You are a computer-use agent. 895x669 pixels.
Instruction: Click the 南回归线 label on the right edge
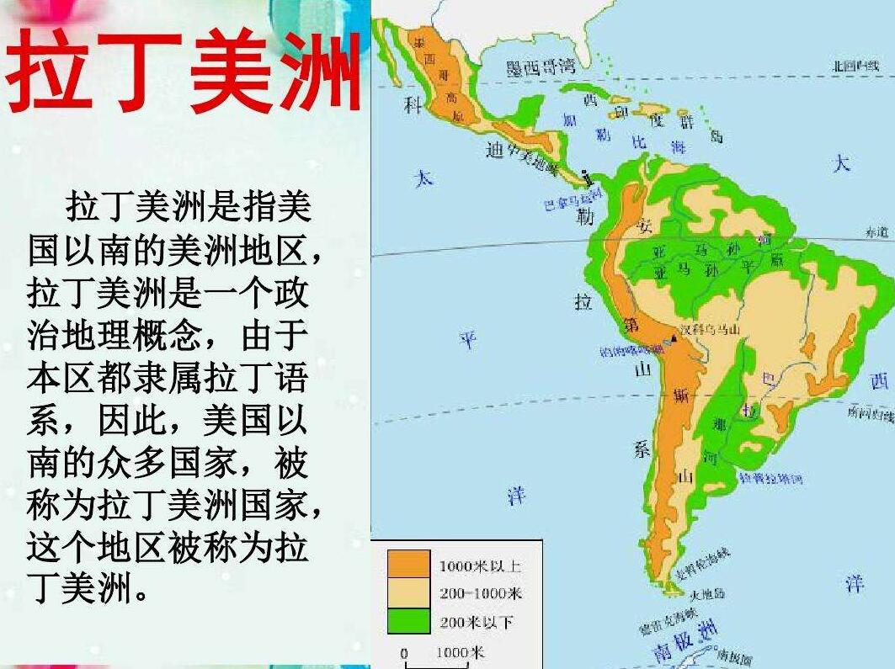point(869,412)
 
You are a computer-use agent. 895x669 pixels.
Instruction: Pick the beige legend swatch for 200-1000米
point(408,593)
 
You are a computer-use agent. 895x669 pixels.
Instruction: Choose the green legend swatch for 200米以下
point(408,621)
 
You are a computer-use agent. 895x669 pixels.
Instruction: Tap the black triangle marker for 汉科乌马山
point(674,338)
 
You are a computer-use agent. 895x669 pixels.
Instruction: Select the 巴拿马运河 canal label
point(573,200)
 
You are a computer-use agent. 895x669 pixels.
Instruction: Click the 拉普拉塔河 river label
point(770,479)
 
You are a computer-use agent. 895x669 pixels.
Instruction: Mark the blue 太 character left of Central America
point(424,178)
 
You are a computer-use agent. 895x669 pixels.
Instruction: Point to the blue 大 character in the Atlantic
point(841,162)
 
